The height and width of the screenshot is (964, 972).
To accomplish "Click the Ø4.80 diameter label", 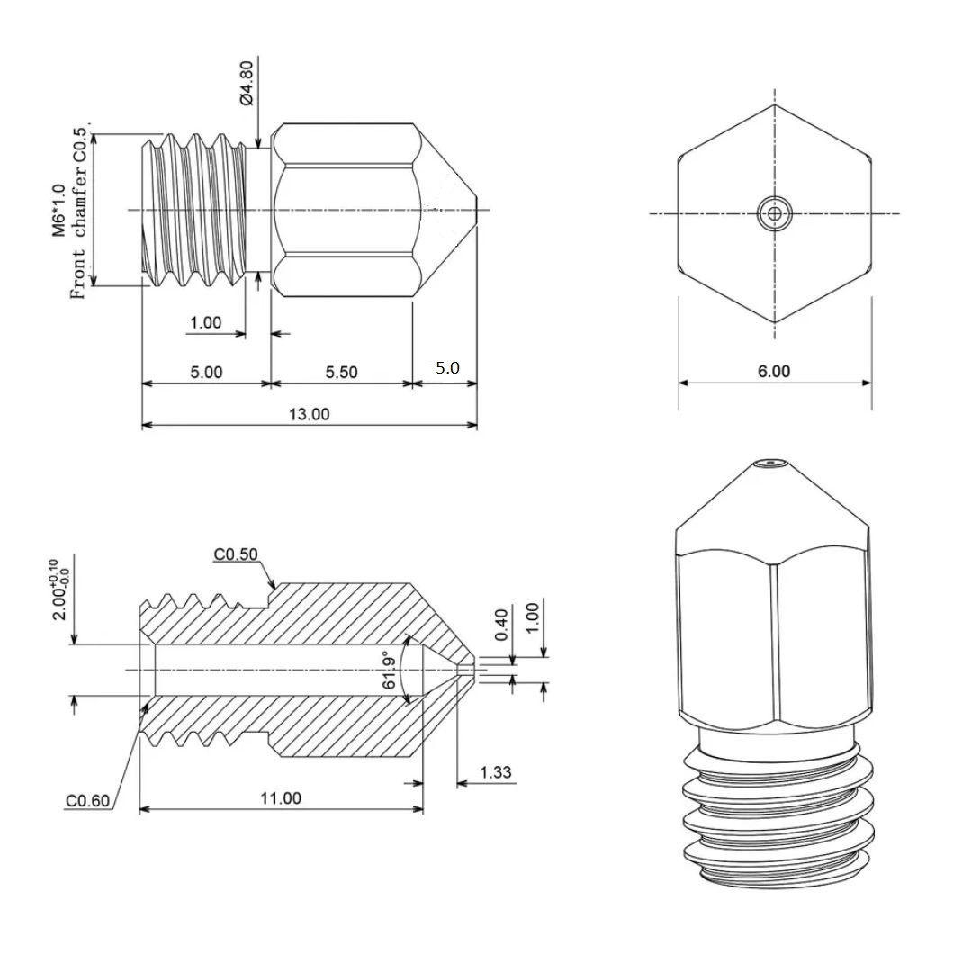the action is [x=246, y=83].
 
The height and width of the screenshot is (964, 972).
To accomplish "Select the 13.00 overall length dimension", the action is [x=310, y=414].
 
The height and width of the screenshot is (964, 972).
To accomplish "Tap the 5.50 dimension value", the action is [x=342, y=372].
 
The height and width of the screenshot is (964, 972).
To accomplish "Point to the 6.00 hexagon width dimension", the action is [x=774, y=372].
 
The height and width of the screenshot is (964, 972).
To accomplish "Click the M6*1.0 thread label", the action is [x=58, y=210].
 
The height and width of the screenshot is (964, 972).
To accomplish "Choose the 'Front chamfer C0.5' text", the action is [x=79, y=213].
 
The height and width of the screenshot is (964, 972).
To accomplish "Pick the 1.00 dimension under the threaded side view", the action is [x=205, y=323].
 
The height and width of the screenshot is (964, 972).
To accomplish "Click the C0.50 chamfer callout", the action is [x=236, y=554].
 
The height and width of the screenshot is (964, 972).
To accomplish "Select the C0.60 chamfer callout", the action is [x=87, y=801].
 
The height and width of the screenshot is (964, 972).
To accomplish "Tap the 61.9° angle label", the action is [x=390, y=670].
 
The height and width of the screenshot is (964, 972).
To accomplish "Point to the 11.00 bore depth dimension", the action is [x=280, y=797].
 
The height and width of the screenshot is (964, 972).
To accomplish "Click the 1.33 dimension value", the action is [x=495, y=772].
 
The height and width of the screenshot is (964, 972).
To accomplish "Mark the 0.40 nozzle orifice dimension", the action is [x=502, y=625].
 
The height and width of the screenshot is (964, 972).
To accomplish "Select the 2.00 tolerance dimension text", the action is [x=61, y=590].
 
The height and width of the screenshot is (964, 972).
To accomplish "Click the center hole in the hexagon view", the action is [x=774, y=214].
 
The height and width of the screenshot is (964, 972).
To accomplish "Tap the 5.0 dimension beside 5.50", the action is [x=447, y=367].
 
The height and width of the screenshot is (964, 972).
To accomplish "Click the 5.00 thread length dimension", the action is [x=206, y=372].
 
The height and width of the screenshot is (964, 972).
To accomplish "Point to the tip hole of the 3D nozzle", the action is [x=770, y=462].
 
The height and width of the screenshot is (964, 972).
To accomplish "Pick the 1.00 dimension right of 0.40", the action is [x=533, y=617].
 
